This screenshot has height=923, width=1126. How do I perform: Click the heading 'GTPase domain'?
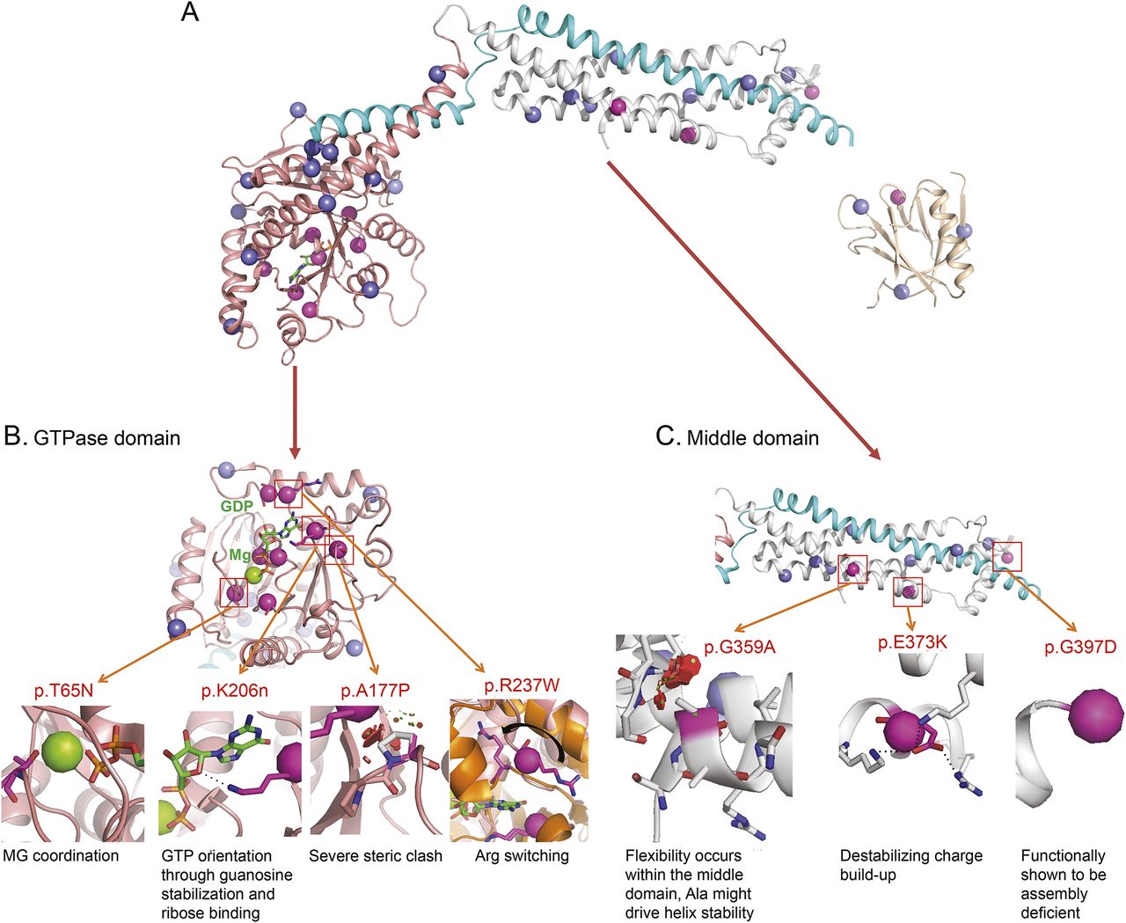click(106, 436)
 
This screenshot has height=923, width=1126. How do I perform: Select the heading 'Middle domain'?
click(752, 437)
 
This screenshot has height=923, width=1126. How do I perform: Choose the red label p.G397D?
click(1079, 648)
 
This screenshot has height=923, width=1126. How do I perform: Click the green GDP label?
click(237, 507)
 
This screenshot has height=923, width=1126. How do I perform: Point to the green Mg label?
click(240, 555)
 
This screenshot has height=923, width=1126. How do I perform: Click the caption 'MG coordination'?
click(61, 855)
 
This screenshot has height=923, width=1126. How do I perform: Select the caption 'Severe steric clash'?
click(376, 855)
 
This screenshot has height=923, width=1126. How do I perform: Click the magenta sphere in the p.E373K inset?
click(906, 729)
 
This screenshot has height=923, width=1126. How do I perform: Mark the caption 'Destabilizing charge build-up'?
click(910, 865)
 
